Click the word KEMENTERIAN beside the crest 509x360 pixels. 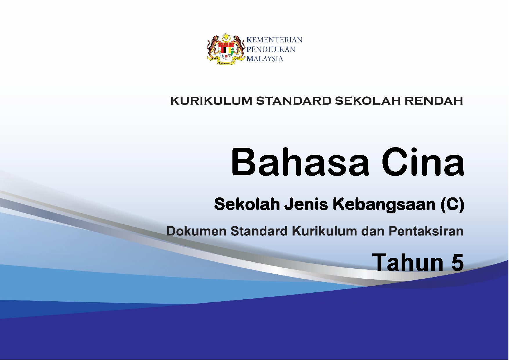(274, 40)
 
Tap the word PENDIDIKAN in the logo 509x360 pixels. (271, 49)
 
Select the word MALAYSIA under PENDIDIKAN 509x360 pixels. (265, 59)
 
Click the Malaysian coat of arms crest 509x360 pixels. (226, 49)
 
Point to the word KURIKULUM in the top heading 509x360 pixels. (211, 101)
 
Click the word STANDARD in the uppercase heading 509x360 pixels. (293, 101)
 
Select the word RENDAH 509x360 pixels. (434, 101)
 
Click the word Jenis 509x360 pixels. (306, 204)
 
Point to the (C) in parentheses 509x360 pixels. (452, 205)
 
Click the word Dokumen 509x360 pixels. (196, 231)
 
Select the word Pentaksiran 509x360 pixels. (426, 231)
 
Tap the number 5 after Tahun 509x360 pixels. (457, 262)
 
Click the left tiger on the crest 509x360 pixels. (214, 47)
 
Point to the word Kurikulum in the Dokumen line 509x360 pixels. (324, 231)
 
